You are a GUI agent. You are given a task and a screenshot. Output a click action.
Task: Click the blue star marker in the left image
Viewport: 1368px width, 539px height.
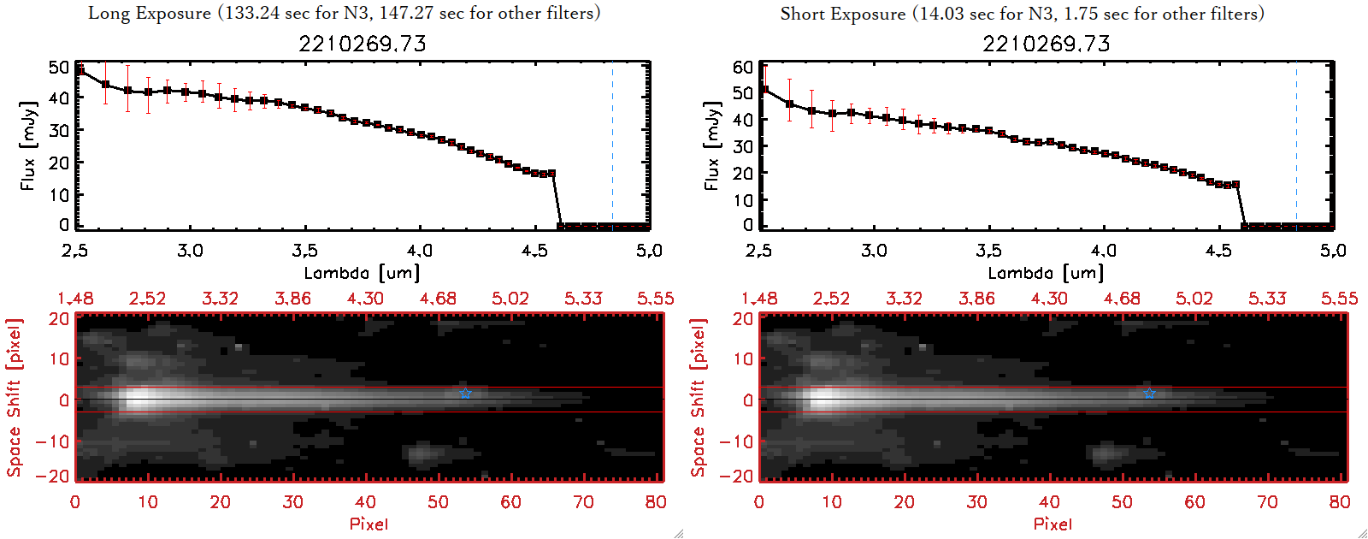[x=465, y=394]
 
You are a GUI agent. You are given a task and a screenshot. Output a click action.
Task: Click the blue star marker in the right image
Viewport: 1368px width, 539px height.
[x=1149, y=394]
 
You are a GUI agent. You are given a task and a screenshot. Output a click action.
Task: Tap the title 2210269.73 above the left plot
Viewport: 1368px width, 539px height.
[x=362, y=44]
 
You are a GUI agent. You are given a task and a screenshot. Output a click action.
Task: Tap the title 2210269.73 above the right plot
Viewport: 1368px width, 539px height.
[x=1046, y=44]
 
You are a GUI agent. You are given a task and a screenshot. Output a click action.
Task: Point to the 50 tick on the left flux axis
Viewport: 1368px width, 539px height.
[x=59, y=67]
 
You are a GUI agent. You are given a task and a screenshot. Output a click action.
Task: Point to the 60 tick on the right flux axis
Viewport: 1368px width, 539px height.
[x=743, y=67]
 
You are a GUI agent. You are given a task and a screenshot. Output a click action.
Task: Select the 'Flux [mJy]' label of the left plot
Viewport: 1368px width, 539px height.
[x=28, y=145]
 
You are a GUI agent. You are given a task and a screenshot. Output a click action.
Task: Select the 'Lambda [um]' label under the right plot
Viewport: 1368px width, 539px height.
[x=1046, y=273]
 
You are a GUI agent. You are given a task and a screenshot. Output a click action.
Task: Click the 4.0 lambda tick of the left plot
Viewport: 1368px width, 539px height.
[x=419, y=251]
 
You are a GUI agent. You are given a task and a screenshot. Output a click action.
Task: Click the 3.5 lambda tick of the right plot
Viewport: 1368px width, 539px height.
[x=988, y=251]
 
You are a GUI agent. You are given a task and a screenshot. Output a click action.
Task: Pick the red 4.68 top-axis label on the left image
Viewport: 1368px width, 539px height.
[x=438, y=299]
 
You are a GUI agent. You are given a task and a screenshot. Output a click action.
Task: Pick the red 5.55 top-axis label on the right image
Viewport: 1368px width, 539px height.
[x=1339, y=299]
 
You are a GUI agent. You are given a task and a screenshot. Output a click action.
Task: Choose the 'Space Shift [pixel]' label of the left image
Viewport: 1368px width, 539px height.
[x=14, y=398]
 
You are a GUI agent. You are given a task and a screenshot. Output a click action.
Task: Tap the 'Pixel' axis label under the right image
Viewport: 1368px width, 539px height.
[x=1053, y=524]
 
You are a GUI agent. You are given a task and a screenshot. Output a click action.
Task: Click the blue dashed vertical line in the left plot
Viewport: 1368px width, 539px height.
[x=612, y=145]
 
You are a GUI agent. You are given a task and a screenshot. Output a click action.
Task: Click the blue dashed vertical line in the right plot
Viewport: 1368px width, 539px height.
[x=1296, y=145]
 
